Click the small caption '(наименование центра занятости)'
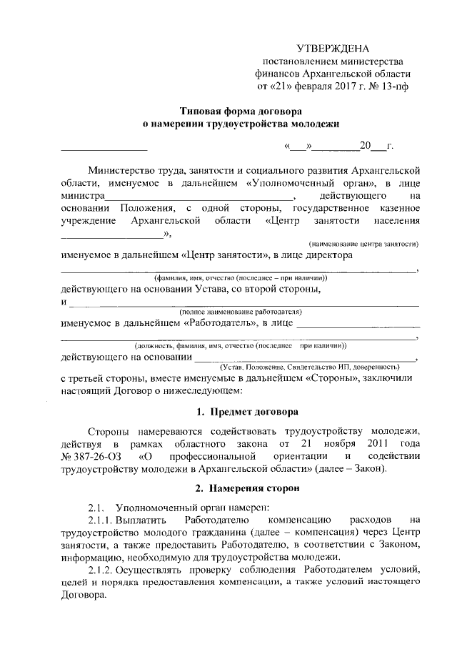(x=363, y=244)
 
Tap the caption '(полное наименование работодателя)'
(x=241, y=312)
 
